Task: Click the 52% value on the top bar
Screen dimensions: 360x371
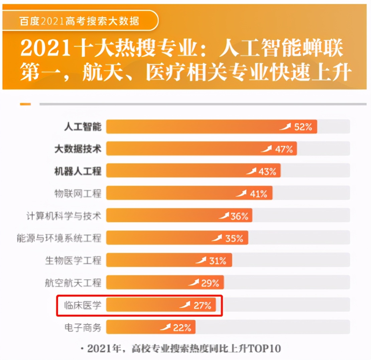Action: coord(303,127)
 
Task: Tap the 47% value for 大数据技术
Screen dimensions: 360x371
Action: coord(284,149)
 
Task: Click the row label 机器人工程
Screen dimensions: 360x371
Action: coord(78,171)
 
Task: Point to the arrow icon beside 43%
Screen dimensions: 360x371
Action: coord(251,171)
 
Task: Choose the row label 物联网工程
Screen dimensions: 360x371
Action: coord(78,193)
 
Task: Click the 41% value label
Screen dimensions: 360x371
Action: coord(258,194)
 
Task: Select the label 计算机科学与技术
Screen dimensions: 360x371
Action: coord(64,216)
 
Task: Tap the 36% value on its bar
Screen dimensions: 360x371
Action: coord(239,216)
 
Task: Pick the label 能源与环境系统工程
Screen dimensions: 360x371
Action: coord(59,238)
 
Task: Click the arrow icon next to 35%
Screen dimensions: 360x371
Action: coord(217,238)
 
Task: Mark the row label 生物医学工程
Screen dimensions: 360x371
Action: coord(73,260)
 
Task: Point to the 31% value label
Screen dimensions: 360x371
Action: coord(218,260)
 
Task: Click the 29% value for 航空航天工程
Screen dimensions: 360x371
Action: coord(210,283)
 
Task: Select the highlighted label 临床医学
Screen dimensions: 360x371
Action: coord(83,305)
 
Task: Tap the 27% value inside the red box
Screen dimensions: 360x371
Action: coord(202,305)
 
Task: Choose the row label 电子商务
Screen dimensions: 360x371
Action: coord(83,327)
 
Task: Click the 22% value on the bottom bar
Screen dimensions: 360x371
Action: coord(182,327)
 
